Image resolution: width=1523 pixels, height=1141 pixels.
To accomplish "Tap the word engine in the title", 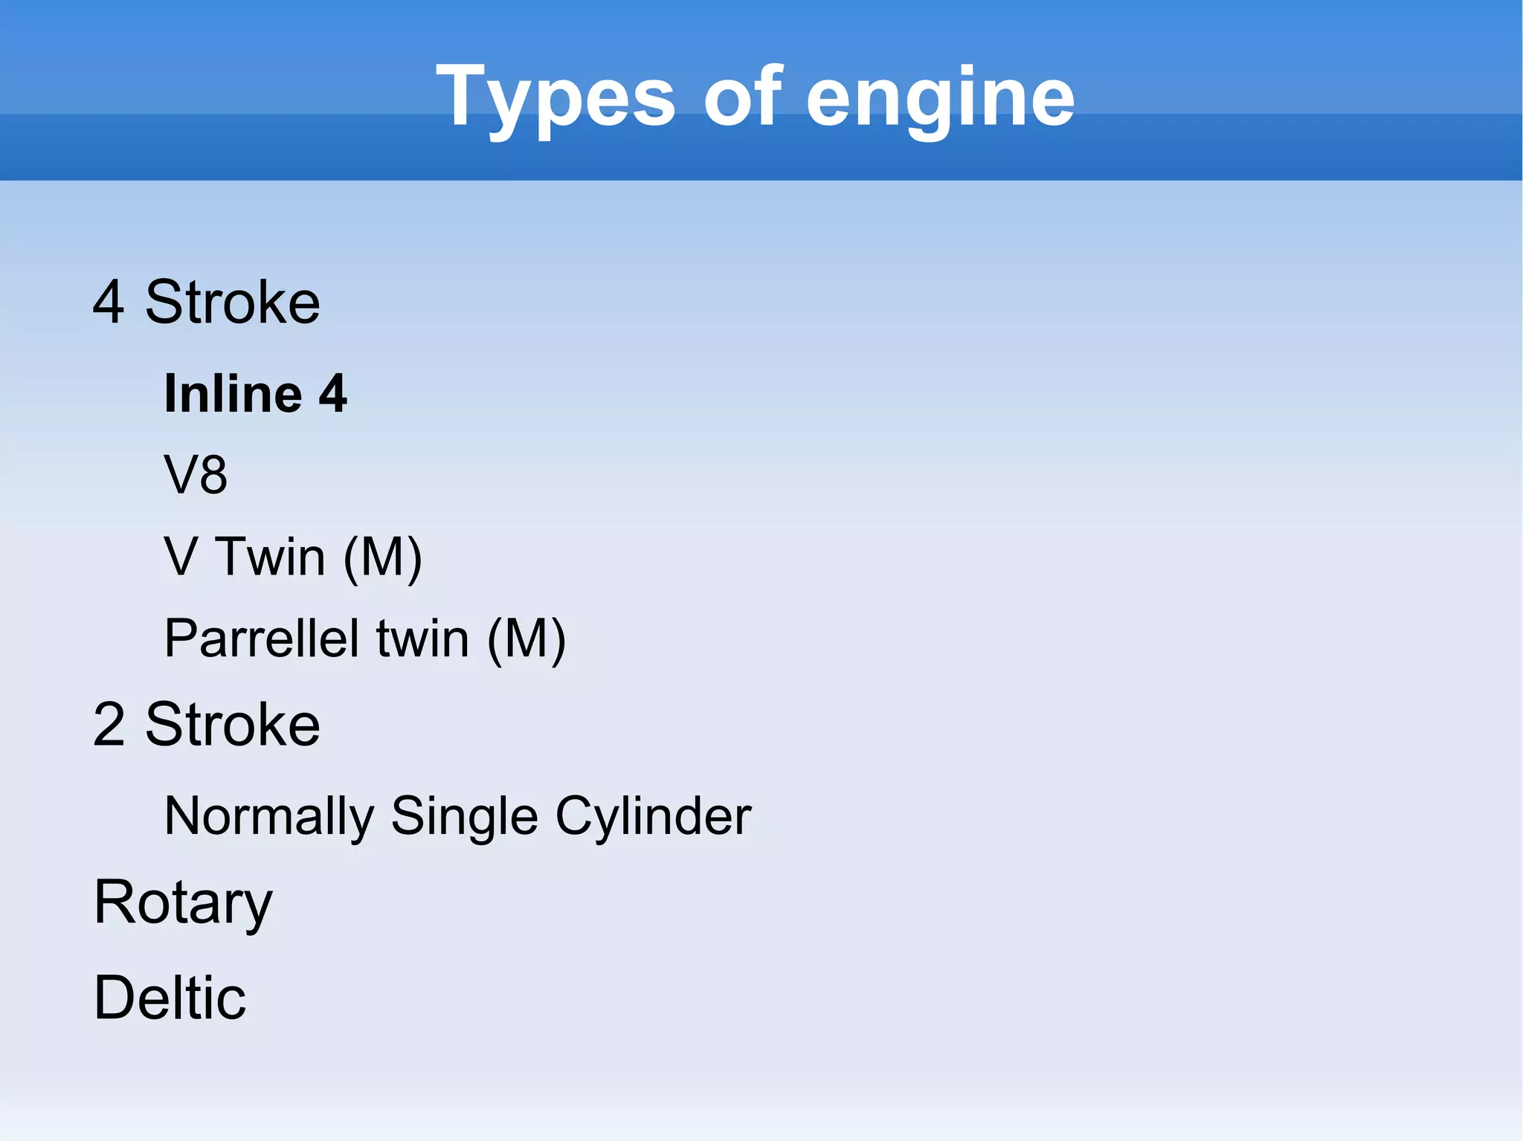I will (940, 97).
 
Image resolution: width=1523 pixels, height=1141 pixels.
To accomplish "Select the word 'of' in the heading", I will (742, 96).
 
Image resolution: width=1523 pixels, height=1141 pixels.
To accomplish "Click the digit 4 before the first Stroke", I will (108, 302).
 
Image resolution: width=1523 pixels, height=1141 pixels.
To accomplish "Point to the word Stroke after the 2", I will (233, 724).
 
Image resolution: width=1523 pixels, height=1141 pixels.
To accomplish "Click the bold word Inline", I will (233, 393).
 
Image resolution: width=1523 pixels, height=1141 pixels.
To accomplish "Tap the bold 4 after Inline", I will (332, 394).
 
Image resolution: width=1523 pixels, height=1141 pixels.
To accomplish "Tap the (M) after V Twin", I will (383, 557).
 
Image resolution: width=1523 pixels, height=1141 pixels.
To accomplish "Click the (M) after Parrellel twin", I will (527, 639).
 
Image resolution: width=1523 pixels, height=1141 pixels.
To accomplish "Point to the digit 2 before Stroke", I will (109, 724).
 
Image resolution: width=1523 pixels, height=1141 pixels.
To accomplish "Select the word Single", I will (464, 816).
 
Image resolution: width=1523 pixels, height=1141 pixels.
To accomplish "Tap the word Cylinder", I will (653, 816).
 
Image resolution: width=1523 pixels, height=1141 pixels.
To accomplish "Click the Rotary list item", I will (183, 902).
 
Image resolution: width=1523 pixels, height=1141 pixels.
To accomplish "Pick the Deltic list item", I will (170, 998).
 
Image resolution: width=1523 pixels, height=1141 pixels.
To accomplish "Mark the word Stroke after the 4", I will (233, 302).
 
